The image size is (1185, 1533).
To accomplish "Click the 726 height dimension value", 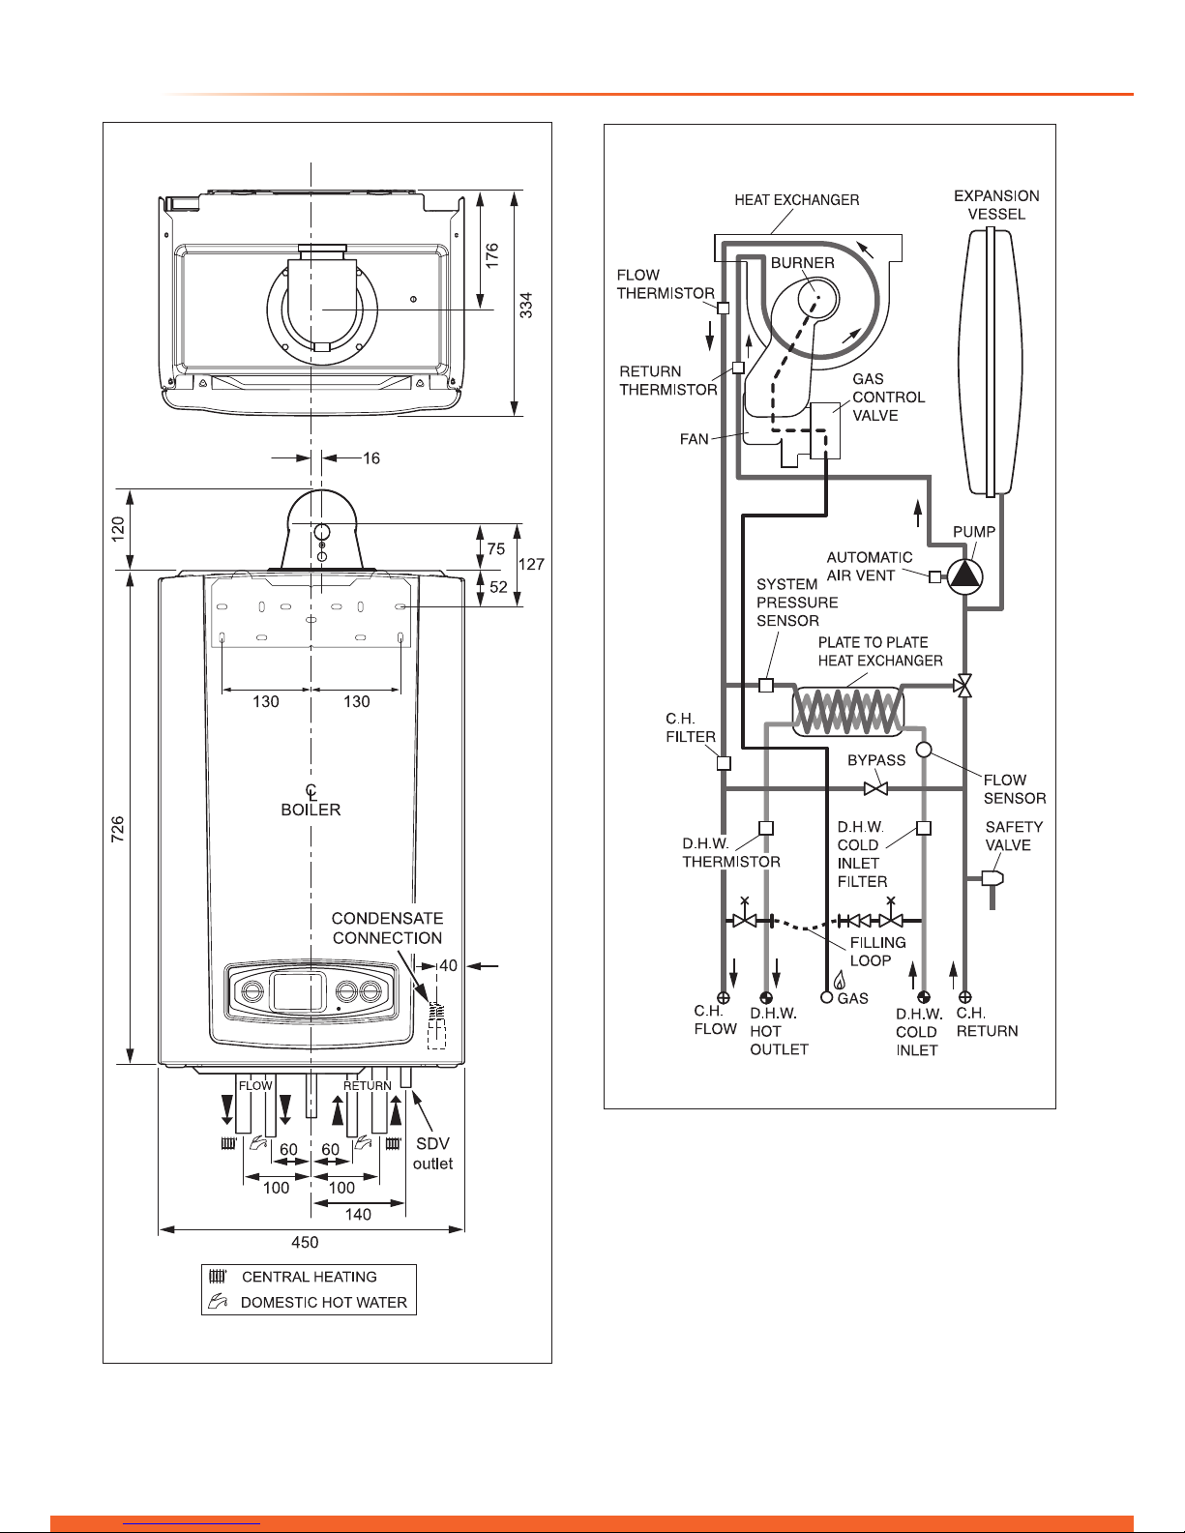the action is click(x=118, y=828).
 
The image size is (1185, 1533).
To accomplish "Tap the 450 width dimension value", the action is click(x=305, y=1242).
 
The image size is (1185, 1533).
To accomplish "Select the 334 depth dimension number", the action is click(x=526, y=305).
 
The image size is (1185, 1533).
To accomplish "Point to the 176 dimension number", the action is click(x=491, y=254).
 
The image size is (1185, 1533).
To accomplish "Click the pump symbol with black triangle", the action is click(x=964, y=575).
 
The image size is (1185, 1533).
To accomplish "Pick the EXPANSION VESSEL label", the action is click(x=996, y=205).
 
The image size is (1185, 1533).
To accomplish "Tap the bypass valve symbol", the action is click(x=875, y=788).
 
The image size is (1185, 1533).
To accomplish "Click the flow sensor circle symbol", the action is click(x=923, y=750).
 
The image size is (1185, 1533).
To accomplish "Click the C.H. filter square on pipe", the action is click(x=724, y=762).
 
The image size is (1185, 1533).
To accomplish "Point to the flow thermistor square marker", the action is click(x=723, y=309).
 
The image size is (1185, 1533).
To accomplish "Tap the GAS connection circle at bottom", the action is click(x=827, y=997).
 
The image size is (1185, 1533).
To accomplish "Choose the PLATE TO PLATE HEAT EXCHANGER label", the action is click(x=879, y=651).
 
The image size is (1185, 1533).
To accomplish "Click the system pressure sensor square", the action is click(x=766, y=685).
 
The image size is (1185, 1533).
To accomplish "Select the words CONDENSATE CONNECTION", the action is click(x=387, y=928).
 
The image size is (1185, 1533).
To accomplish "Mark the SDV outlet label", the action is click(x=432, y=1154).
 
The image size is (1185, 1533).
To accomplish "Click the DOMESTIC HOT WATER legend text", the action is click(x=324, y=1302).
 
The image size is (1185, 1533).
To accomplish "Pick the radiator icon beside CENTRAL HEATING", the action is click(x=218, y=1276).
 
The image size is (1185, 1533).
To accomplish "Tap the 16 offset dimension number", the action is click(x=371, y=458).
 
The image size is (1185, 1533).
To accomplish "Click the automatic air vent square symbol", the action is click(x=934, y=577).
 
